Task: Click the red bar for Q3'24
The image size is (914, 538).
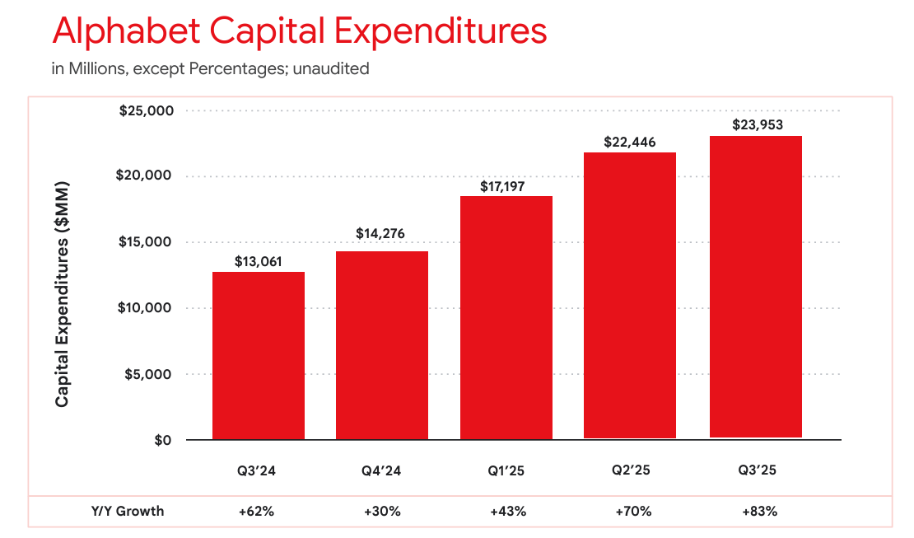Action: [259, 356]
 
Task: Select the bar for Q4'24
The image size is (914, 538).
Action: [382, 345]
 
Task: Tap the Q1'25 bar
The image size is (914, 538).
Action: [506, 318]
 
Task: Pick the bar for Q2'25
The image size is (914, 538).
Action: [630, 296]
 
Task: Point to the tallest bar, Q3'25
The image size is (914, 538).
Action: [756, 288]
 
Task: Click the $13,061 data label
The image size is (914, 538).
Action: [258, 262]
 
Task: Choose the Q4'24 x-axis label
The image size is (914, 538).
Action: [382, 471]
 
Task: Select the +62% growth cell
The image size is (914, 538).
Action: [257, 511]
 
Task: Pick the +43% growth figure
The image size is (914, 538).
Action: [507, 511]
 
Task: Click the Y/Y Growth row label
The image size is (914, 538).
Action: [128, 511]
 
